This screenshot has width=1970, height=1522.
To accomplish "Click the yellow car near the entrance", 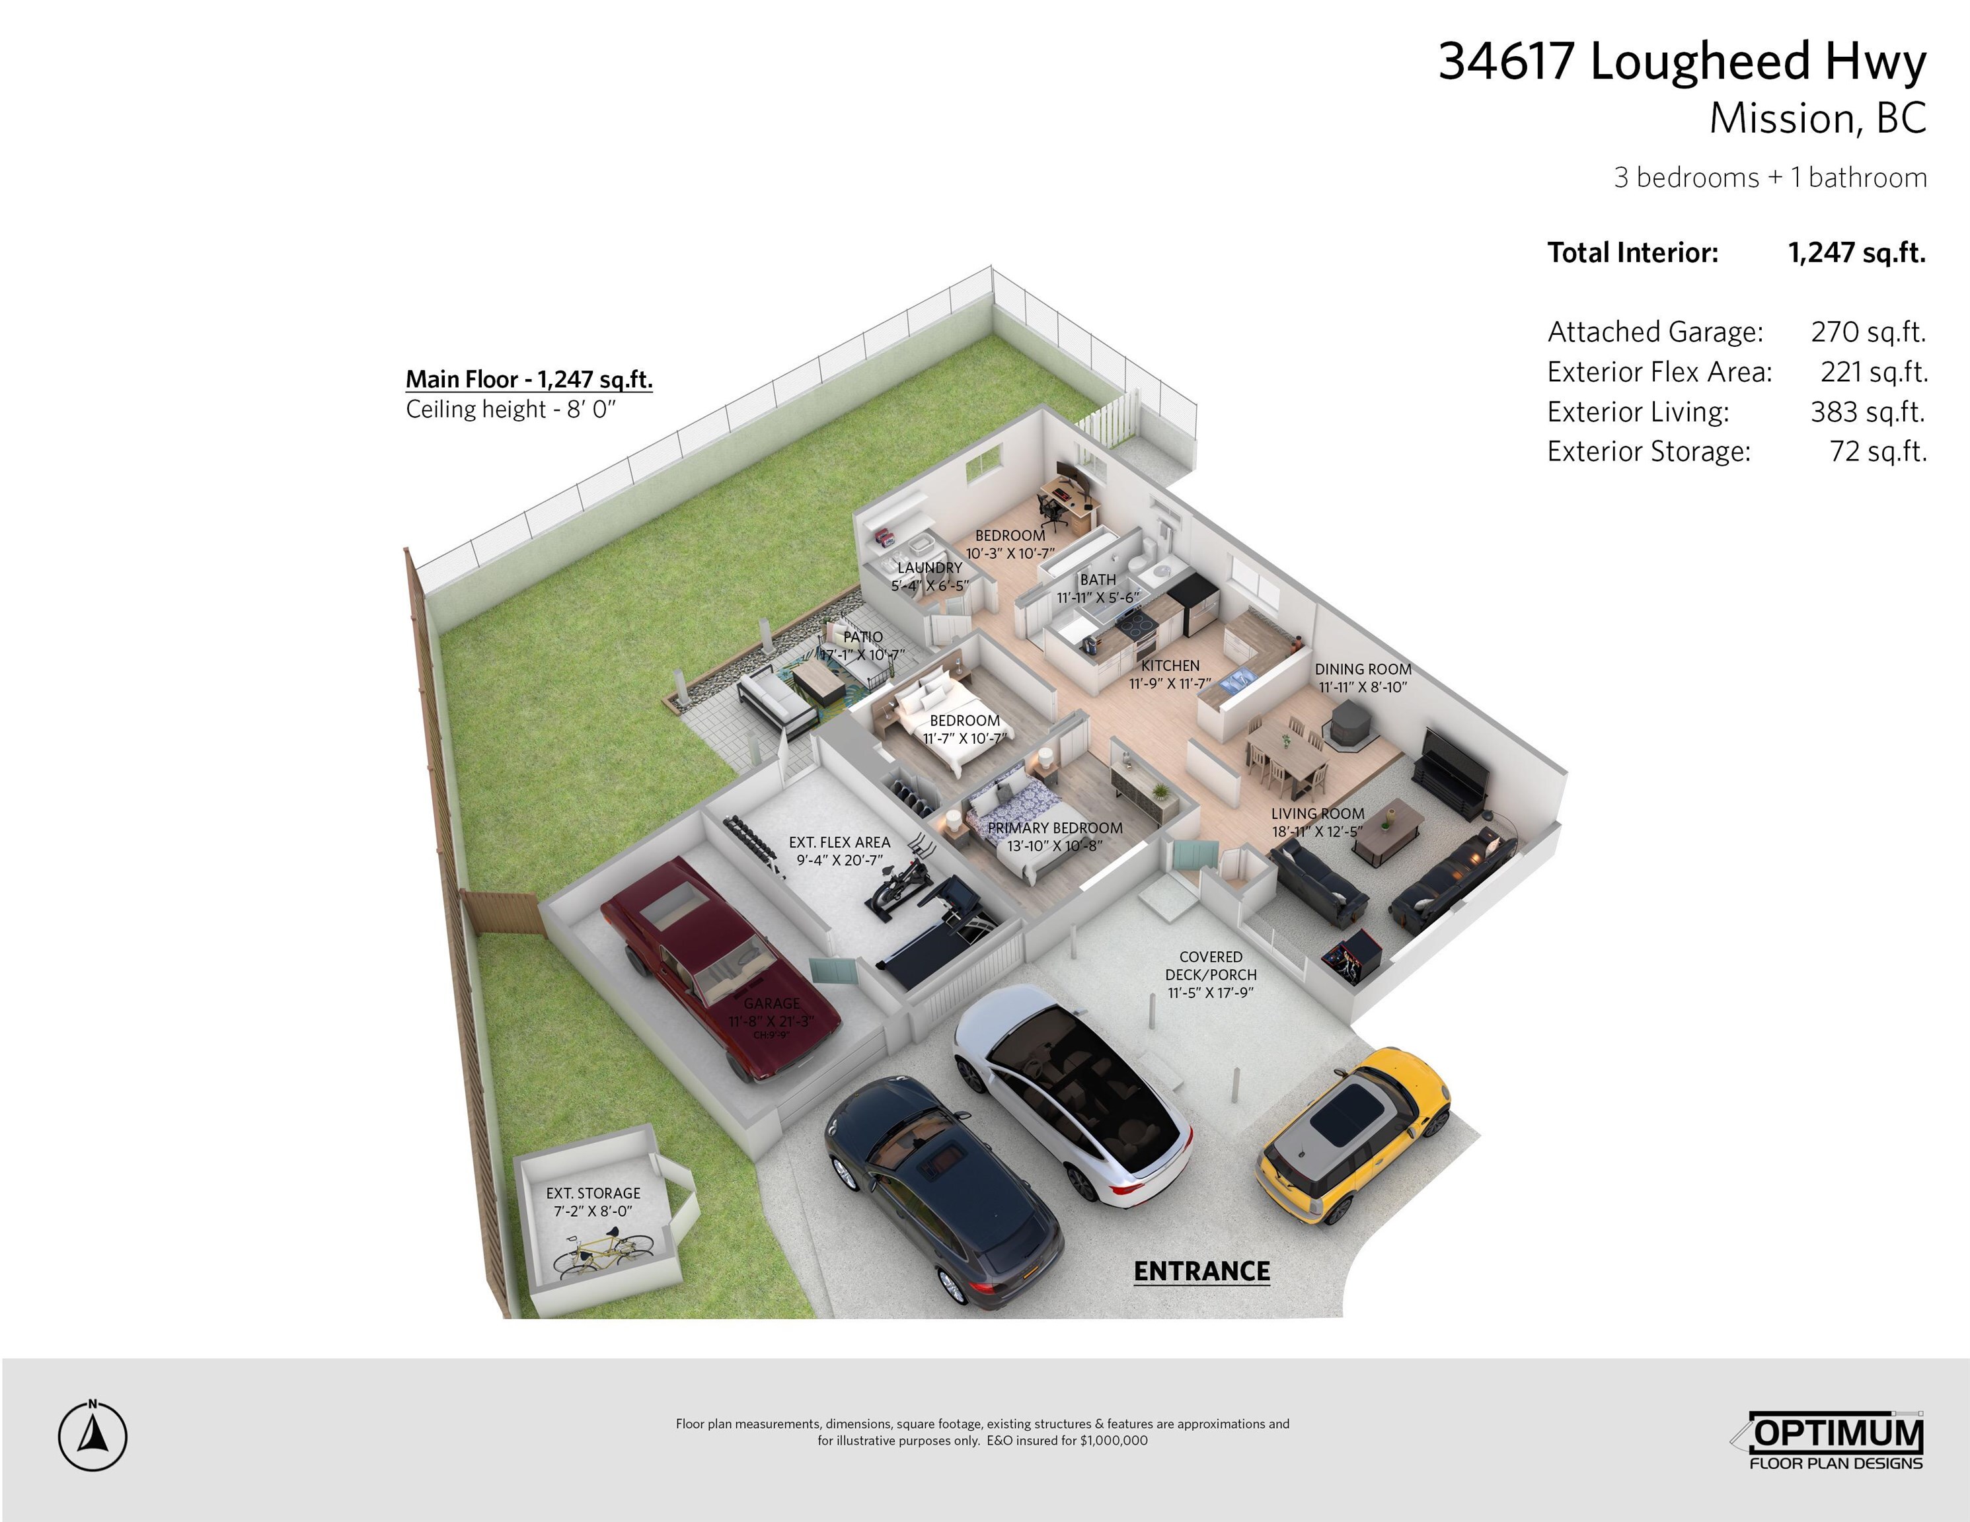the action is point(1352,1135).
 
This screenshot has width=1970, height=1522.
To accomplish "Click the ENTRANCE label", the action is point(1201,1272).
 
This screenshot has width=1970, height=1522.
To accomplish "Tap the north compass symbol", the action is point(93,1435).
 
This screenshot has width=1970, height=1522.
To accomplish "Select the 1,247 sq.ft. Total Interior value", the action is point(1856,252).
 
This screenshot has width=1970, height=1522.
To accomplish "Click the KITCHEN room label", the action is point(1170,665).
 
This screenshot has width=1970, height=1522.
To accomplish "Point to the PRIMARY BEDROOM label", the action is point(1055,828).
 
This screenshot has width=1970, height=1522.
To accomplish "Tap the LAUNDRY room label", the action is point(930,568).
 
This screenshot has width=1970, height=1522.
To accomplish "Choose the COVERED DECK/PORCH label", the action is point(1211,966).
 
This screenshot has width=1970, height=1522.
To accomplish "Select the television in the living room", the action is point(1453,773).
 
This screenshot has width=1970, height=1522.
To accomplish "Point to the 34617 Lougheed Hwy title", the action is point(1683,61).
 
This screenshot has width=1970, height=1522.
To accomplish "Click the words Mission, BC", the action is point(1817,118).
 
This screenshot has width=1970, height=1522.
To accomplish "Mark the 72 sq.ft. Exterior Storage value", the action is point(1878,451).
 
